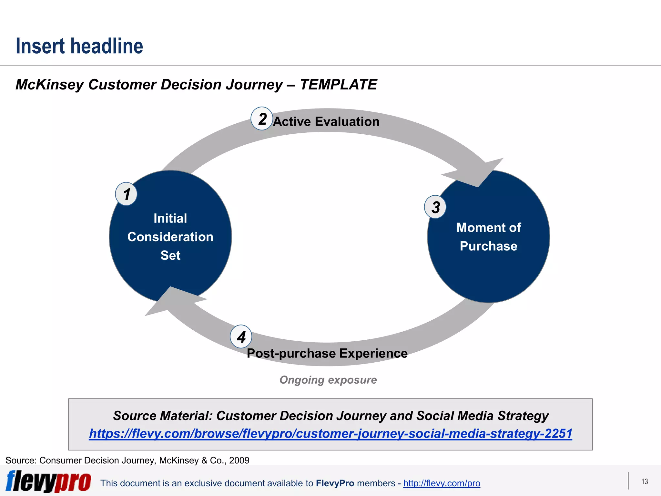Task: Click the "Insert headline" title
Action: tap(79, 46)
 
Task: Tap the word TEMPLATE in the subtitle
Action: tap(338, 85)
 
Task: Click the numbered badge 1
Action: tap(126, 194)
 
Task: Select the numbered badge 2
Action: tap(262, 119)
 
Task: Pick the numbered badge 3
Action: tap(435, 207)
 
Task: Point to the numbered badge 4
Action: tap(241, 336)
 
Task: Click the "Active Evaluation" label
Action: tap(326, 122)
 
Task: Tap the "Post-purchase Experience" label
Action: tap(327, 353)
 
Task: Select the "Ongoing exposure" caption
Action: tap(328, 380)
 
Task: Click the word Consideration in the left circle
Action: tap(170, 237)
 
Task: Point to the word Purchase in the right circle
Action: tap(488, 246)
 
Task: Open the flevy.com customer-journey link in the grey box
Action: tap(330, 433)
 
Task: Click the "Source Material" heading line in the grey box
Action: tap(330, 416)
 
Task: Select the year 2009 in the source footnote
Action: tap(239, 460)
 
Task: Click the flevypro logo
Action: tap(48, 481)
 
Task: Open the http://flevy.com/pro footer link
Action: tap(442, 483)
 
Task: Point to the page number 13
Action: tap(645, 481)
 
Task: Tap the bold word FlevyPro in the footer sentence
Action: tap(335, 483)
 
